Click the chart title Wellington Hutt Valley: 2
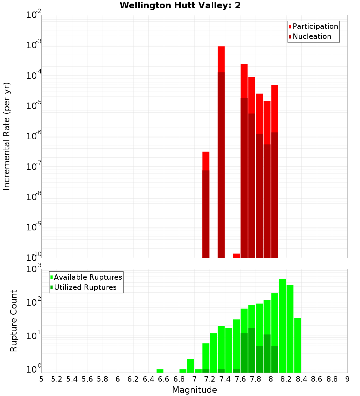(180, 5)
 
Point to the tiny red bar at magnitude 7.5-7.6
(237, 256)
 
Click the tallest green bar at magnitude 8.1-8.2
(282, 324)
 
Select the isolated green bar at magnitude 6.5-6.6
(160, 371)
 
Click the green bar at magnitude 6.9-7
(190, 365)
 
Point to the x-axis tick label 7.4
(225, 379)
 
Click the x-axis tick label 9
(347, 379)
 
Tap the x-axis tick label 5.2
(57, 379)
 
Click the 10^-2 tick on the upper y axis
(34, 15)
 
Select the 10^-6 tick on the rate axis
(34, 136)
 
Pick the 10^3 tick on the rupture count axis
(34, 269)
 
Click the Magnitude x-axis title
(194, 390)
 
